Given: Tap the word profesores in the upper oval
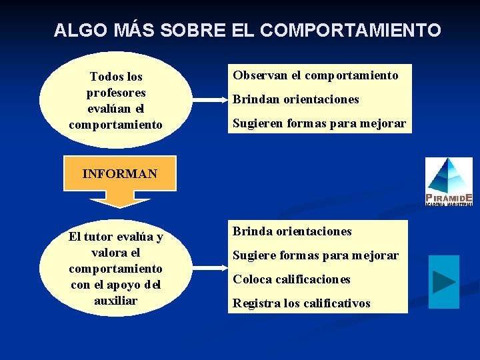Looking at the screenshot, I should (x=116, y=93).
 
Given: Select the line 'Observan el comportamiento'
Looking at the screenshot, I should (x=315, y=75).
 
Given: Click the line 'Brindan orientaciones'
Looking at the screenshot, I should (x=295, y=99).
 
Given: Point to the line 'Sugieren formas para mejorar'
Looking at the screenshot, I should (x=319, y=123).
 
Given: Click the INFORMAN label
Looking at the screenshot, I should (x=120, y=174).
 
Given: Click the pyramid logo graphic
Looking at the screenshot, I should (x=449, y=175).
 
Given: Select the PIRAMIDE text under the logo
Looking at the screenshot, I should (x=449, y=198).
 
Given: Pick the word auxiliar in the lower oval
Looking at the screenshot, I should (x=116, y=301).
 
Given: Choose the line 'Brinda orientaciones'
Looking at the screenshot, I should (x=292, y=231).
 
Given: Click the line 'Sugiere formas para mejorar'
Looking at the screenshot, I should (x=315, y=255).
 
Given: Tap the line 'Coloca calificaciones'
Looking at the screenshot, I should (x=291, y=279).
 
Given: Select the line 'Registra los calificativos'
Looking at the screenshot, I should (x=301, y=303).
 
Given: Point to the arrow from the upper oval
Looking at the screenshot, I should (x=209, y=101).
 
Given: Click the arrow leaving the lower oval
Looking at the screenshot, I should (x=209, y=267).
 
